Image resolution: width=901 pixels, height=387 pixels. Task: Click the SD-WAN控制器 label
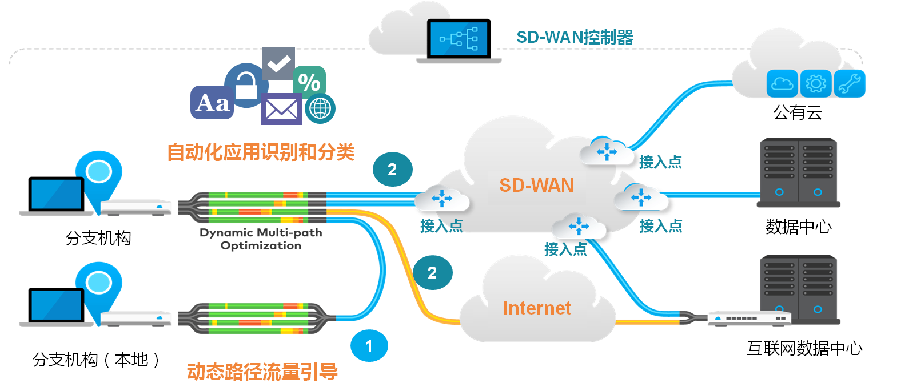point(575,37)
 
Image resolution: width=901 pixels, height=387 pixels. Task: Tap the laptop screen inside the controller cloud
point(459,39)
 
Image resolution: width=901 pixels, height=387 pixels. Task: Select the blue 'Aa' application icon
point(212,102)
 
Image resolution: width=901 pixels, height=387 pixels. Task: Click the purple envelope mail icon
point(281,109)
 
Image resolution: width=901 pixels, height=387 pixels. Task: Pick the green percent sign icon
point(309,82)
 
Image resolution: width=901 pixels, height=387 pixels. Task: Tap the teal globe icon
point(320,108)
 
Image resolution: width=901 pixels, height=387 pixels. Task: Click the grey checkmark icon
point(278,63)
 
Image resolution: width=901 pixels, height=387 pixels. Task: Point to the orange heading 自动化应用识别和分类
point(261,152)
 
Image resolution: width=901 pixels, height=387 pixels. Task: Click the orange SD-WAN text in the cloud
point(536,186)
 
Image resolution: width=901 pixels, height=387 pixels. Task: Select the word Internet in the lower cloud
point(537,308)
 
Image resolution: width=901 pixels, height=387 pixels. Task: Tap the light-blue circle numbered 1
point(369,346)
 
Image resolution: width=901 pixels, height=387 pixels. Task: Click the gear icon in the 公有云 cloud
point(816,83)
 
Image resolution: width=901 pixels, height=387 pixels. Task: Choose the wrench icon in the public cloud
point(850,83)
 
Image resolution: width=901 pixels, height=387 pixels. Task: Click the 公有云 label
point(798,112)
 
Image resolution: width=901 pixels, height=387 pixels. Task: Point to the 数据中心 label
point(799,227)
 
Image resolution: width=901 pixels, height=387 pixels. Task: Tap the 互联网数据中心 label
point(804,348)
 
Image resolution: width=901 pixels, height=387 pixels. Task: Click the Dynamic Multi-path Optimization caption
point(261,239)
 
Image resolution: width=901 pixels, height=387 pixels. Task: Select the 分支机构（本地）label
point(97,359)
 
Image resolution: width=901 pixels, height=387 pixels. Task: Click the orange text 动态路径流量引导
point(262,372)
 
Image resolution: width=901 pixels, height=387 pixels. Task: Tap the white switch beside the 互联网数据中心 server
point(749,318)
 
